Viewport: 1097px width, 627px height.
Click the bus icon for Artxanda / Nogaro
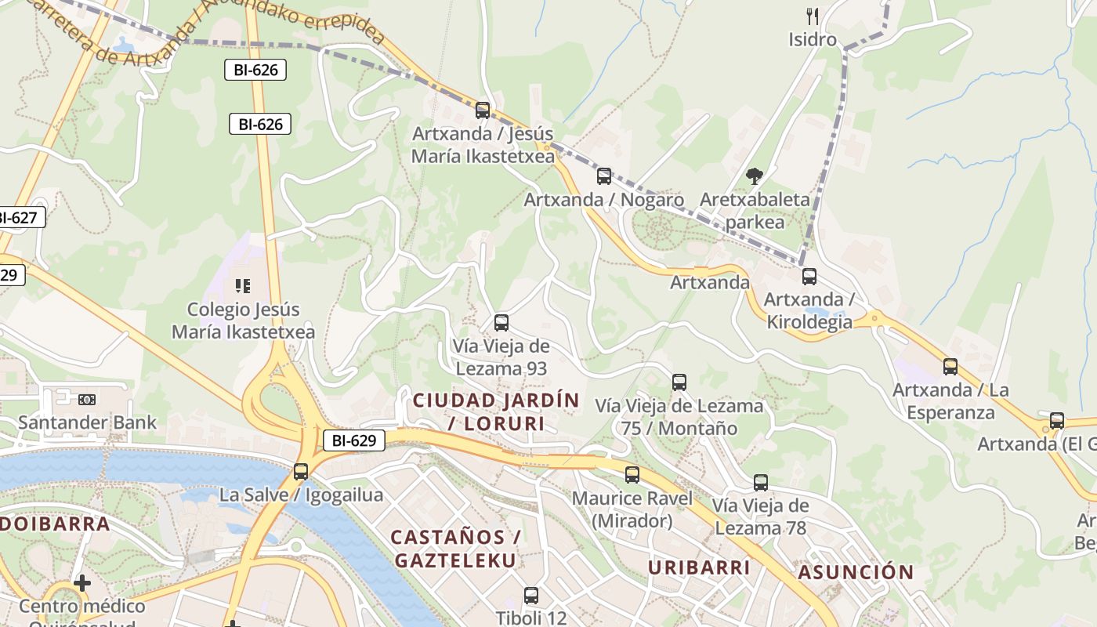point(603,176)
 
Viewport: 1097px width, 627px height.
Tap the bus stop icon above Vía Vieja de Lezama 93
point(501,322)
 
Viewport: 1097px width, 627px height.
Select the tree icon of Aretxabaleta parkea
point(755,176)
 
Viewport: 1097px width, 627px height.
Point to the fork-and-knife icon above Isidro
point(813,16)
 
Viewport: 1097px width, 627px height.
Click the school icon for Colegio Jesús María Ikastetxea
point(243,286)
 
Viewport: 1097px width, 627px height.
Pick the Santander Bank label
point(87,422)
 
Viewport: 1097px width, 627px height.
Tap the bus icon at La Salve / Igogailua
point(301,472)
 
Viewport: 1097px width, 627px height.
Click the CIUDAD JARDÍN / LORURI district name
point(496,412)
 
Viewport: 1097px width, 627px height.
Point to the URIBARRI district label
point(699,567)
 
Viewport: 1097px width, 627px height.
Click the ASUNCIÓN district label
point(856,572)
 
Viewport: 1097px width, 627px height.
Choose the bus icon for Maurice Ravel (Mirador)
point(632,474)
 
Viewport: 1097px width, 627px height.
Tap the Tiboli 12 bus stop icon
point(531,596)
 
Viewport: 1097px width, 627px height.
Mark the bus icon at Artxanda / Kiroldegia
point(809,276)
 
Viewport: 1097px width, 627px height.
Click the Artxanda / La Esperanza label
point(950,401)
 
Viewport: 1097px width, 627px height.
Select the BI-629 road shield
point(354,440)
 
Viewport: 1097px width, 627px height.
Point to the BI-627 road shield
point(19,218)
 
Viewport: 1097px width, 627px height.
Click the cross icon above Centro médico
point(82,583)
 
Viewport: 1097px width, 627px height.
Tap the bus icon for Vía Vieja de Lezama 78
point(761,483)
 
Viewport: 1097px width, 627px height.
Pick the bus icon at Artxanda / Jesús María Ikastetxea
point(483,111)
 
